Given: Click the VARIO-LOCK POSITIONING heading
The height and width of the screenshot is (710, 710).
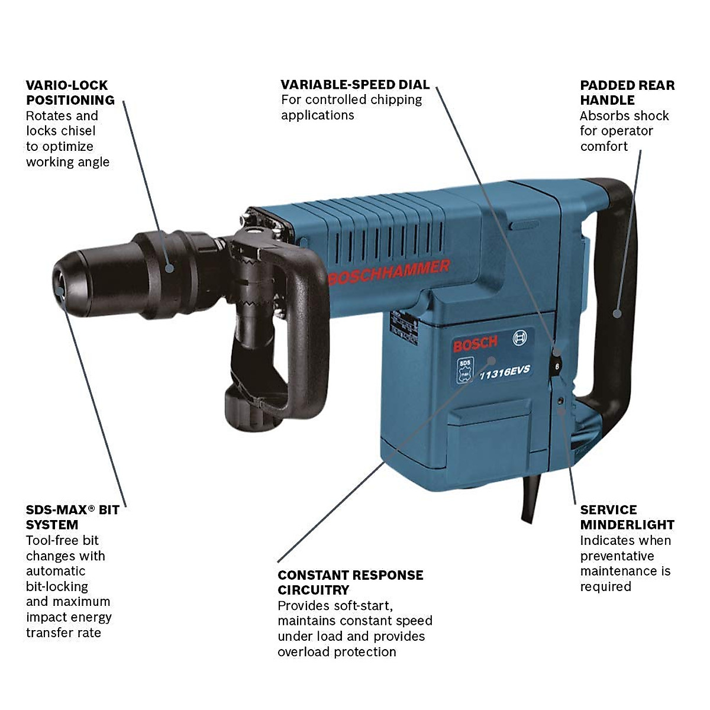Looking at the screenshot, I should point(70,93).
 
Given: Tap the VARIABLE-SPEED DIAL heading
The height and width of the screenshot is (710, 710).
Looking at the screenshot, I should point(355,85).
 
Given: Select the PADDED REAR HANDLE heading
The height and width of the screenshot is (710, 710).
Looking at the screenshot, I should point(627,93).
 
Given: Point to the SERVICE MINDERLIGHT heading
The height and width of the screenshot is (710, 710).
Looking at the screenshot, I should point(627,517).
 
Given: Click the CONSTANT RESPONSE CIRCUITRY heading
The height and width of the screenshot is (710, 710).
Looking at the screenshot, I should point(350,582).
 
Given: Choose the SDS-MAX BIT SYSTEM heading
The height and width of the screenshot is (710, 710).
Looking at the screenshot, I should point(72,517).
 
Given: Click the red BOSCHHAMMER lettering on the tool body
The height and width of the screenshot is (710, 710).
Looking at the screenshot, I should point(389,273).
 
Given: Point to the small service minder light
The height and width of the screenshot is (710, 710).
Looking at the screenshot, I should point(560,401).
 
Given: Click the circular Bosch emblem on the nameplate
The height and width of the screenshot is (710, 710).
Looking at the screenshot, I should point(519,338).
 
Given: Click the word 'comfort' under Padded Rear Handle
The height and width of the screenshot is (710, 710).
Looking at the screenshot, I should point(603,146).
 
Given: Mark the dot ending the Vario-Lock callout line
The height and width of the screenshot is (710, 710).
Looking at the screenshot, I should point(169,268).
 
